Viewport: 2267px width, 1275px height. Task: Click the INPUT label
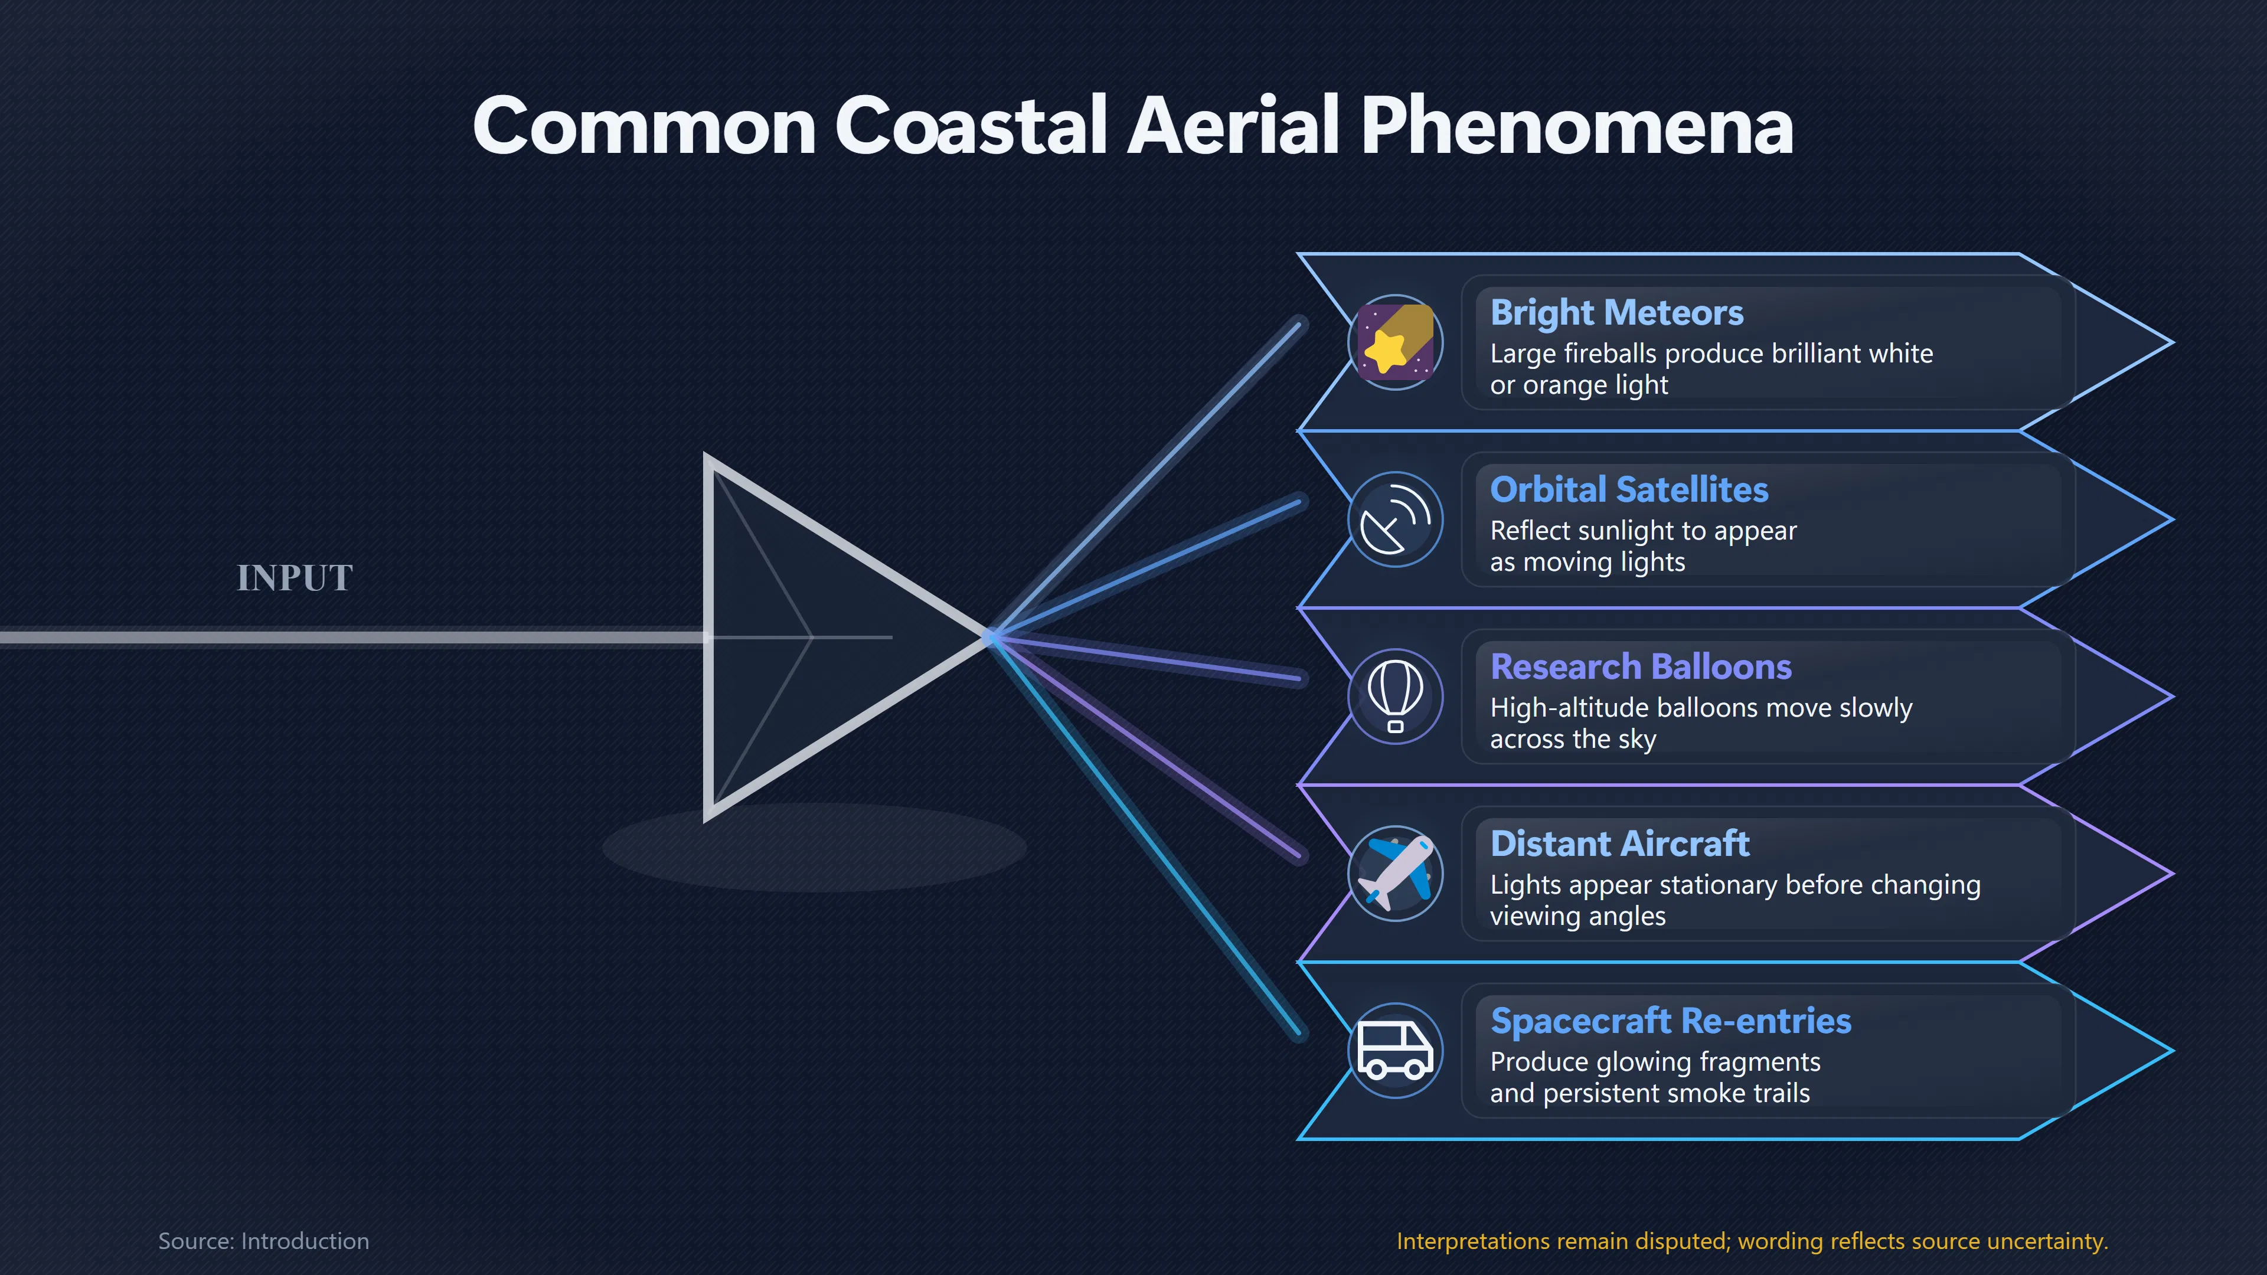click(x=295, y=578)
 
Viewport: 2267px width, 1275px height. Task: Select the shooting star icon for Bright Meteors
click(x=1395, y=342)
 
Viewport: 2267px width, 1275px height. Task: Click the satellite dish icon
click(x=1395, y=519)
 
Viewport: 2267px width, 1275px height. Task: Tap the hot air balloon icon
click(x=1395, y=696)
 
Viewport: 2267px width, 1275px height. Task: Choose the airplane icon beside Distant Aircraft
click(x=1395, y=874)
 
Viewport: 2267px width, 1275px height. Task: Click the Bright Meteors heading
click(x=1616, y=312)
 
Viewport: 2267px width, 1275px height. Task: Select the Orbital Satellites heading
click(x=1629, y=489)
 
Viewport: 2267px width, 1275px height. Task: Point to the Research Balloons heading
click(x=1641, y=667)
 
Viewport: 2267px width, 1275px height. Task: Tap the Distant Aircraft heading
click(x=1619, y=844)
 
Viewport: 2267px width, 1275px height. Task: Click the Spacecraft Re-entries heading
click(x=1670, y=1021)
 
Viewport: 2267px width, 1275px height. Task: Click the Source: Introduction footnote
click(x=263, y=1241)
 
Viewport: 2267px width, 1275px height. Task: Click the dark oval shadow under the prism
click(x=814, y=848)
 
